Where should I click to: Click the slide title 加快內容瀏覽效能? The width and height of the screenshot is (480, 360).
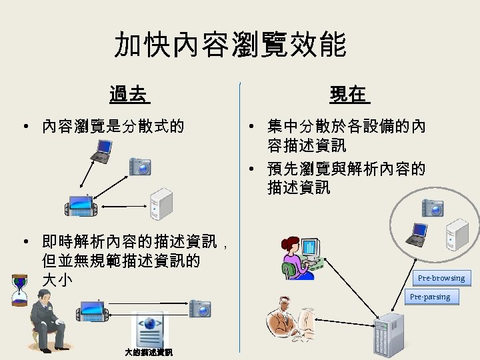point(230,45)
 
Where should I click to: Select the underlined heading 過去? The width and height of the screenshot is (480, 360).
point(129,95)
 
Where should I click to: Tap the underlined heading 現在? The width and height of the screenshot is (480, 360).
point(348,95)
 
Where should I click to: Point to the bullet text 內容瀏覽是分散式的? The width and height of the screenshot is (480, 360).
point(113,126)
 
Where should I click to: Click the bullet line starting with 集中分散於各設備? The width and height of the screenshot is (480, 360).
point(346,126)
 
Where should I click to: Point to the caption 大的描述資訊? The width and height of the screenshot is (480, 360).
point(149,352)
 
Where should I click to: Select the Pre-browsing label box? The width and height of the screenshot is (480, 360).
point(441,277)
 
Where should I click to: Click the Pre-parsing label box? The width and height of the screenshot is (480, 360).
point(430,297)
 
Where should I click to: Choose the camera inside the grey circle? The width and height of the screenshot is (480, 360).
point(432,207)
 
